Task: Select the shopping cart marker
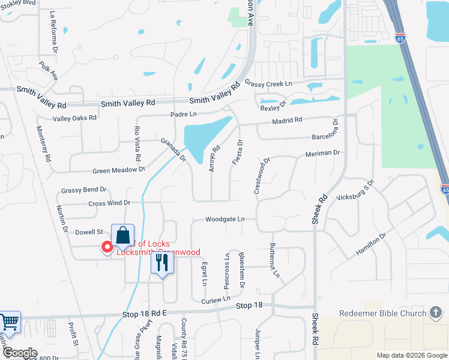tap(8, 323)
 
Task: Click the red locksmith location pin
tap(107, 246)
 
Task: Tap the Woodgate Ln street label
tap(224, 220)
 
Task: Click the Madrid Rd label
tap(286, 121)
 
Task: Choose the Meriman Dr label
tap(323, 153)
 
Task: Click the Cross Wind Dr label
tap(109, 203)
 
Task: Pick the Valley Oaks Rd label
tap(74, 118)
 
